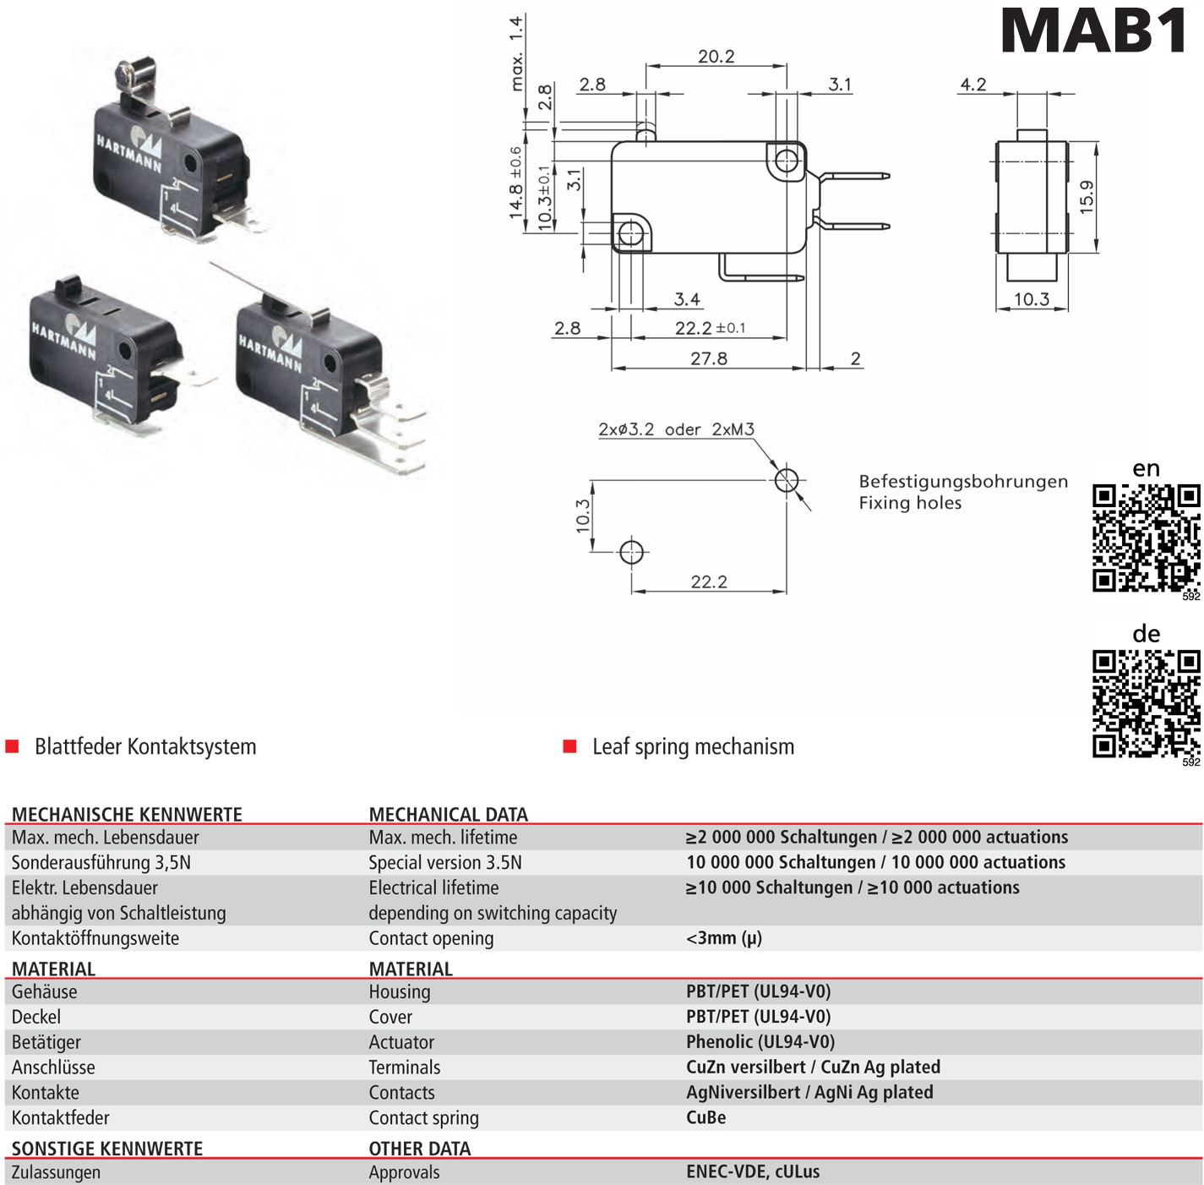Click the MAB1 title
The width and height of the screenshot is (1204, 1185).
1094,32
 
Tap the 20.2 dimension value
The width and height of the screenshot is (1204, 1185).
716,57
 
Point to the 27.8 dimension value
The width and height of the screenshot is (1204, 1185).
708,358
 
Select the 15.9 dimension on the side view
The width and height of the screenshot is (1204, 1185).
1087,197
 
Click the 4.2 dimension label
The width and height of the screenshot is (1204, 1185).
972,85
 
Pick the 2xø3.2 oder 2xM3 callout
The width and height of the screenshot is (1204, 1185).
676,429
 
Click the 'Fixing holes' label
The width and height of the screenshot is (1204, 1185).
910,503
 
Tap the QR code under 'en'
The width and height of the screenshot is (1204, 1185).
1146,538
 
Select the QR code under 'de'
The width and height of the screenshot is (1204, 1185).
1146,703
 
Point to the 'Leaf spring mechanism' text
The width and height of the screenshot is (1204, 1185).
693,746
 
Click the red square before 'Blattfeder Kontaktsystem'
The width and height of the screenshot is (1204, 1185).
13,746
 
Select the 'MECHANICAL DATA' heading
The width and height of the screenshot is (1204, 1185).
448,814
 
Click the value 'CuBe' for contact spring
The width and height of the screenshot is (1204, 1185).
706,1117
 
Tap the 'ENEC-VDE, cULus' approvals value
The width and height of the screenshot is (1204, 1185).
752,1171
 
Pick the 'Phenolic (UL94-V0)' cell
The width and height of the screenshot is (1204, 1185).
760,1041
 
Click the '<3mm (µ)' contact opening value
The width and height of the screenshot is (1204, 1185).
723,938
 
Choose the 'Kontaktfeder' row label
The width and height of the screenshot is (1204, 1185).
61,1117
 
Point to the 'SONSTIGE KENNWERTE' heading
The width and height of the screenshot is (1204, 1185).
107,1149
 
